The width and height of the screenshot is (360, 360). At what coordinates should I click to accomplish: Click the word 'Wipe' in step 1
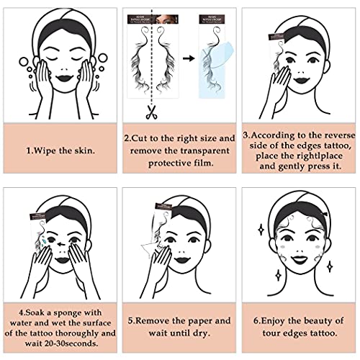pyautogui.click(x=45, y=150)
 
